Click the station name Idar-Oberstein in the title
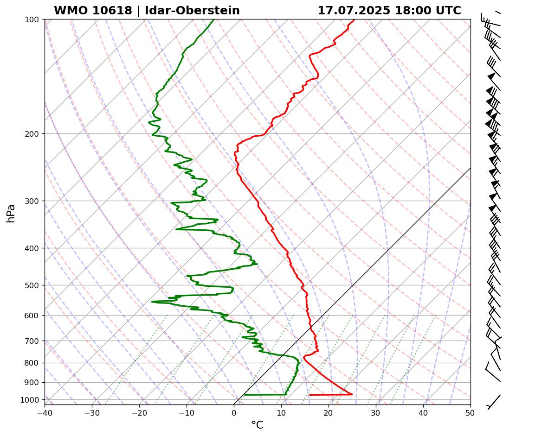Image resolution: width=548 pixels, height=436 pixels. pos(192,11)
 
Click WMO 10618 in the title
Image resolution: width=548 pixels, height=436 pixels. pos(93,11)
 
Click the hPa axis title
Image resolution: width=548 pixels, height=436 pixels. pos(11,213)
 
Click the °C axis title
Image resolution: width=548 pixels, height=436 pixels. pos(257,425)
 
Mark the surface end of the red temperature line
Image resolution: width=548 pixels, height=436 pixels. pos(310,395)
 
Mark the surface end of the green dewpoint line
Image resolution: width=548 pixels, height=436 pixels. pos(245,395)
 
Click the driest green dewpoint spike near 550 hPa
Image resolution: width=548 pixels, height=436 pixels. pos(152,302)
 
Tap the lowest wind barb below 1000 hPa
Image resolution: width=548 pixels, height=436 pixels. pos(493,401)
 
